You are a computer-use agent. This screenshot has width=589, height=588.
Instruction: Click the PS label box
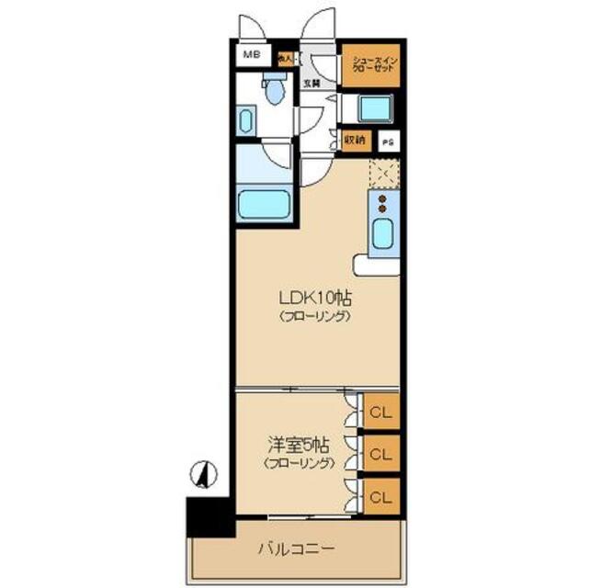(x=388, y=141)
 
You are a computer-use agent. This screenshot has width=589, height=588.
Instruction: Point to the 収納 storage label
(x=356, y=141)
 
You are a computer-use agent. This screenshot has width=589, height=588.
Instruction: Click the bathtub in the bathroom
(x=264, y=204)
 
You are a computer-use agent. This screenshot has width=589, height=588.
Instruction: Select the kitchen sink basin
(x=382, y=236)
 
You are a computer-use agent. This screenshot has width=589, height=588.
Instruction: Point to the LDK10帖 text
(x=317, y=299)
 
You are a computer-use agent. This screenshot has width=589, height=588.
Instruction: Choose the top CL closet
(x=381, y=412)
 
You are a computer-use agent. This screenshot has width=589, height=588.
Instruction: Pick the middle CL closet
(x=381, y=454)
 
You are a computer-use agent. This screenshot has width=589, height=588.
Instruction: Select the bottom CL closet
(x=381, y=496)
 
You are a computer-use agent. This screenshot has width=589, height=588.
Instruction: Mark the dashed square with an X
(x=383, y=172)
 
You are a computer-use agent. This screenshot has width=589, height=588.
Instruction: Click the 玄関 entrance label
(x=311, y=84)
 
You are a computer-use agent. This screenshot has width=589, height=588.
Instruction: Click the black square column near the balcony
(x=207, y=516)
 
